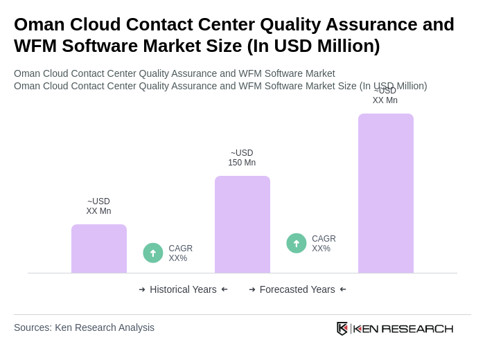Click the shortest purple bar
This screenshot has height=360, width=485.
tap(99, 249)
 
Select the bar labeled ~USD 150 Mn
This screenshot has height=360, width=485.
tap(242, 224)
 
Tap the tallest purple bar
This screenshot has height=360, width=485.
tap(386, 193)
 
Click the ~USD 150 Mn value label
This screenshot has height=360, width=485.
tap(242, 158)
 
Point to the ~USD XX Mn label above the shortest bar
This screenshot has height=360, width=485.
tap(98, 206)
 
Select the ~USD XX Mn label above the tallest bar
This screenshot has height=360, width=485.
tap(385, 96)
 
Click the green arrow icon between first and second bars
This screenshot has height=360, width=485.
tap(153, 253)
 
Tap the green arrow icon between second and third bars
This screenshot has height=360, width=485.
tap(297, 243)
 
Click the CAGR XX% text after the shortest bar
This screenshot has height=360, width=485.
tap(180, 253)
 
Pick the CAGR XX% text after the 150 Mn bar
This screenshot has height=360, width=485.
tap(324, 244)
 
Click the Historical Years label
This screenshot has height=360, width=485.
tap(183, 289)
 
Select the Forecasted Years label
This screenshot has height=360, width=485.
tap(297, 289)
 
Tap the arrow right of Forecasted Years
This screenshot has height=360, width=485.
tap(343, 289)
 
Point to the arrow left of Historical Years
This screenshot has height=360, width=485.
tap(142, 289)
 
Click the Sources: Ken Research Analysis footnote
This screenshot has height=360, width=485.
tap(84, 327)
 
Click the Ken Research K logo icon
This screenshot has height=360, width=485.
tap(342, 328)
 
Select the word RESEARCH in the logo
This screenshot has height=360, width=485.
tap(417, 328)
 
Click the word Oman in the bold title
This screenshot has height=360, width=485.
tap(41, 24)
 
